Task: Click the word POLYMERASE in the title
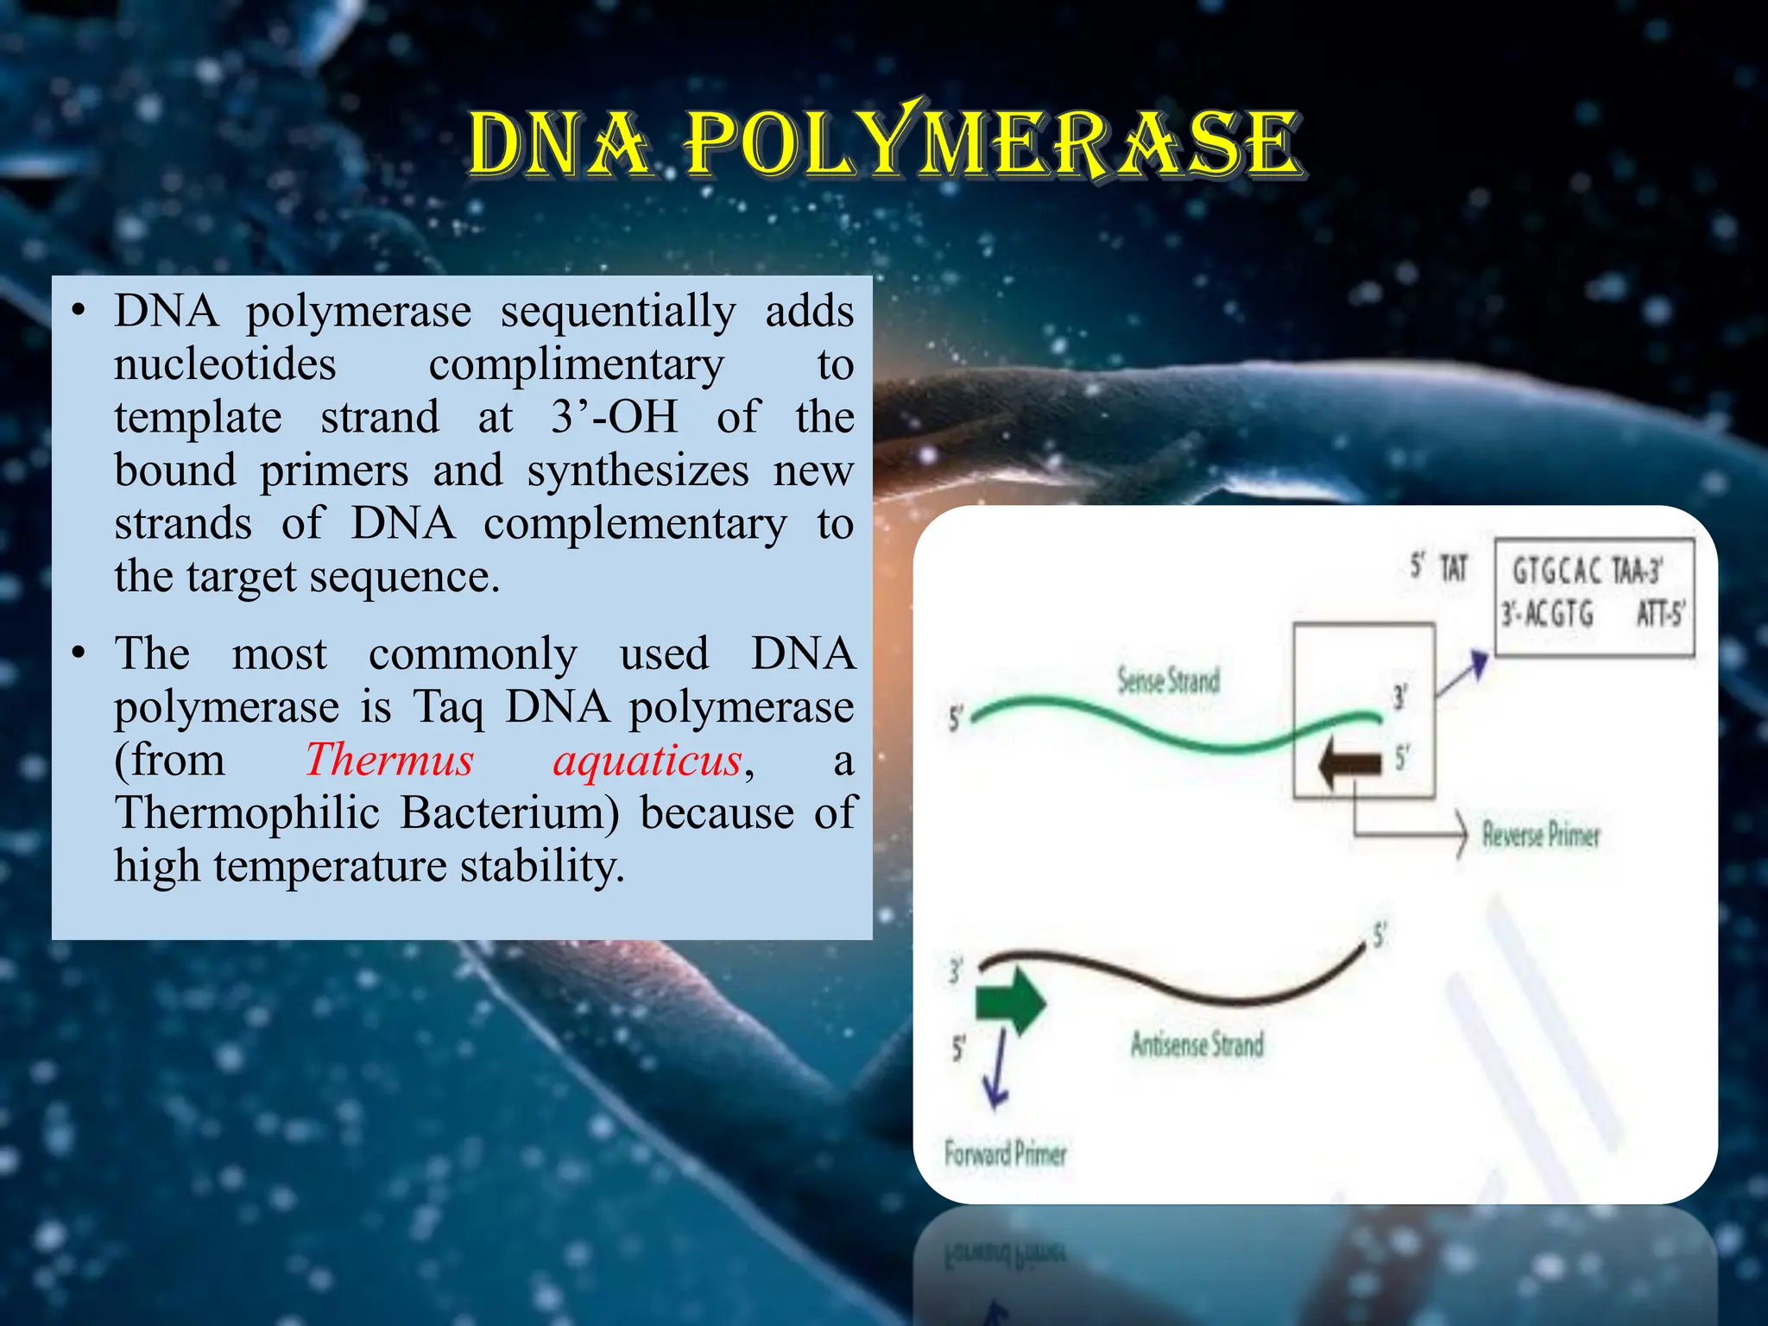pyautogui.click(x=993, y=142)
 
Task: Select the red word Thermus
pyautogui.click(x=389, y=761)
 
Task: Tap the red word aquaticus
pyautogui.click(x=647, y=761)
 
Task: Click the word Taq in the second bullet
pyautogui.click(x=448, y=707)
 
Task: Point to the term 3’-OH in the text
pyautogui.click(x=615, y=417)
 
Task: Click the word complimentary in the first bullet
pyautogui.click(x=576, y=364)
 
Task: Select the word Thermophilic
pyautogui.click(x=249, y=813)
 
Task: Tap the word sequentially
pyautogui.click(x=618, y=311)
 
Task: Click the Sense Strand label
pyautogui.click(x=1168, y=680)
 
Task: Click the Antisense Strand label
pyautogui.click(x=1197, y=1045)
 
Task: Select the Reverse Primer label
pyautogui.click(x=1541, y=834)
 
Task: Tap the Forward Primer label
pyautogui.click(x=1005, y=1153)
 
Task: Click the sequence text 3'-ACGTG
pyautogui.click(x=1547, y=615)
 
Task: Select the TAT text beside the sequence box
pyautogui.click(x=1454, y=568)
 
